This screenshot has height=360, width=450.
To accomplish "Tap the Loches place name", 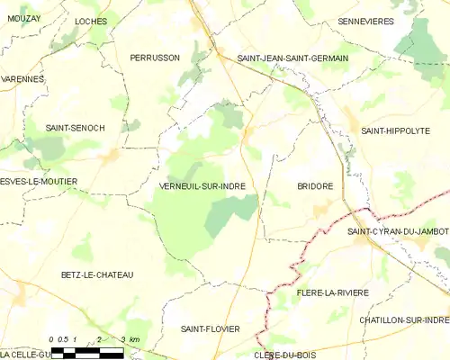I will [x=91, y=21].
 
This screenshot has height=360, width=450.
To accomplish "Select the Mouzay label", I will [x=24, y=18].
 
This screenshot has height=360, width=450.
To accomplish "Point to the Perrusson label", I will [x=155, y=58].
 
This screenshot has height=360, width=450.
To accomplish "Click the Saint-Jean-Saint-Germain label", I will [x=292, y=58].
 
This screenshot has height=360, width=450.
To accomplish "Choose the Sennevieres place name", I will [x=367, y=21].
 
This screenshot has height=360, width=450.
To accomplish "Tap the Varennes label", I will [x=22, y=79].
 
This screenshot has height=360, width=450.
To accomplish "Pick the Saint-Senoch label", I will [x=76, y=129].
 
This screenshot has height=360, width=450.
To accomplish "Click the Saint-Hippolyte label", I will [x=395, y=130].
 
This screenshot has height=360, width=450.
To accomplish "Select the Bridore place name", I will [x=315, y=186].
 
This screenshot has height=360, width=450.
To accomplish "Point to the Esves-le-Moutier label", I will [x=39, y=182].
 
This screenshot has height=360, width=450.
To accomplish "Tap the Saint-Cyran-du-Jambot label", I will [x=398, y=231].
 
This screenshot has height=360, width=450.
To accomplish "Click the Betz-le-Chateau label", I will [x=97, y=274].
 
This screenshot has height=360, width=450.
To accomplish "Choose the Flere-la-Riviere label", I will [x=333, y=292].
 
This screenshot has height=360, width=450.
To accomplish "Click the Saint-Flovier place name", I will [x=210, y=329].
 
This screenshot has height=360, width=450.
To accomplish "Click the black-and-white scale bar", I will [x=87, y=353].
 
